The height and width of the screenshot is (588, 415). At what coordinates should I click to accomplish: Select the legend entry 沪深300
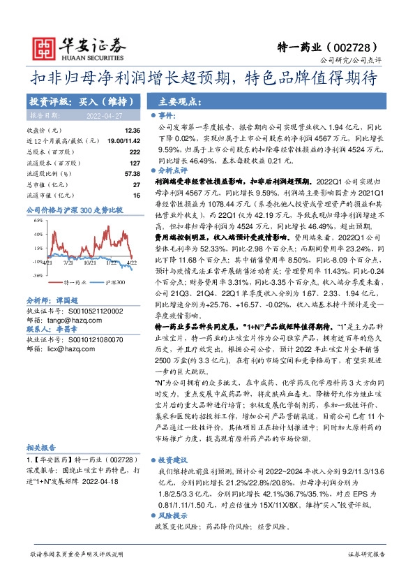tap(115, 281)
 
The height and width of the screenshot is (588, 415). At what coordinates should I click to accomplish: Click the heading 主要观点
tap(172, 101)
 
